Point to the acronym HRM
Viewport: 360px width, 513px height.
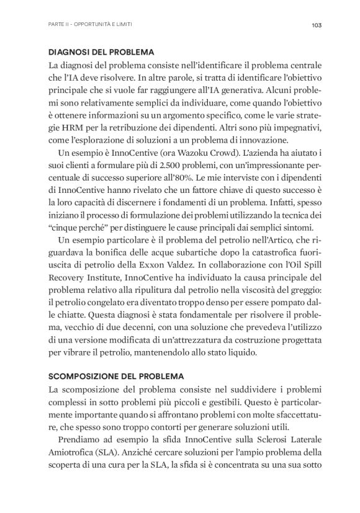pos(76,130)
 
